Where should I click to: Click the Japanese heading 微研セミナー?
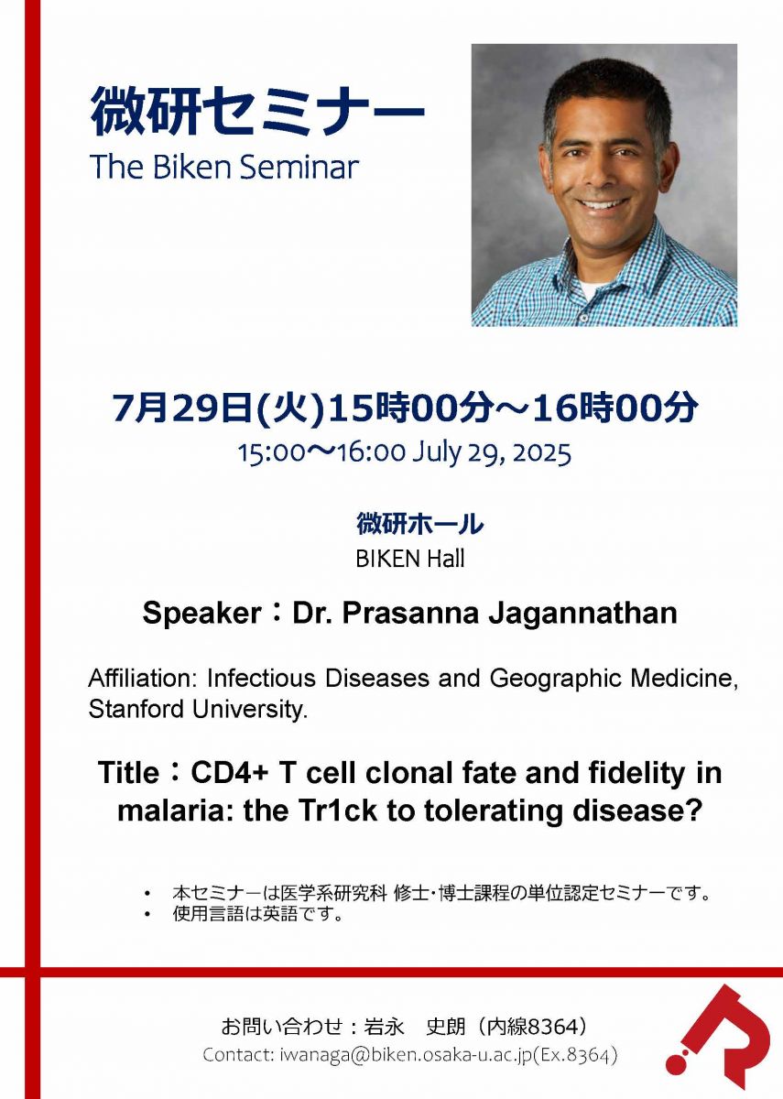click(x=256, y=112)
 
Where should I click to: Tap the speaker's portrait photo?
click(x=604, y=185)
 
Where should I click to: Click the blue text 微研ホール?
click(x=419, y=524)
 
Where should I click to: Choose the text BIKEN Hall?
click(x=409, y=559)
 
